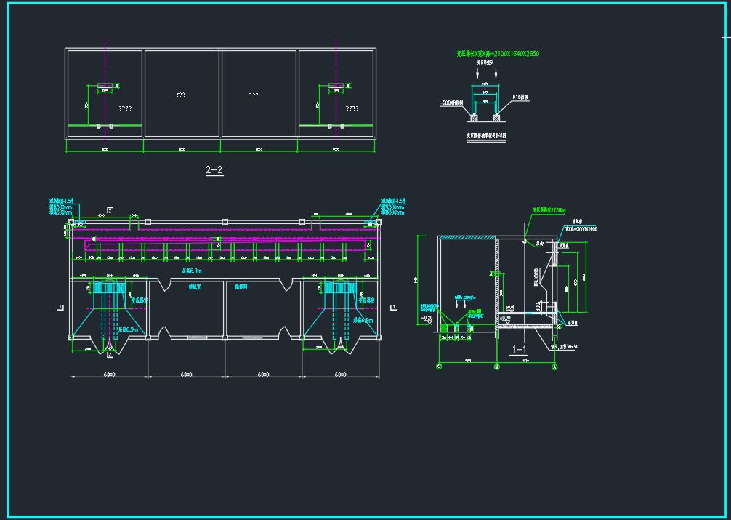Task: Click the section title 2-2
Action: click(x=214, y=170)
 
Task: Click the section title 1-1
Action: click(x=520, y=349)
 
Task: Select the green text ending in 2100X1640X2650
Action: click(x=497, y=54)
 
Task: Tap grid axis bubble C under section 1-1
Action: click(x=439, y=367)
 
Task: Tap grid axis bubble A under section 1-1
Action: click(x=555, y=367)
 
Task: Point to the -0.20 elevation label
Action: click(x=427, y=318)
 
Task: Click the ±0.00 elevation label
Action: click(x=509, y=307)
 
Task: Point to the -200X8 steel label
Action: click(x=453, y=103)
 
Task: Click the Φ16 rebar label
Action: click(x=520, y=96)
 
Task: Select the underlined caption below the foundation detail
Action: click(x=485, y=135)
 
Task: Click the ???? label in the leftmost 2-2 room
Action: click(x=125, y=108)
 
